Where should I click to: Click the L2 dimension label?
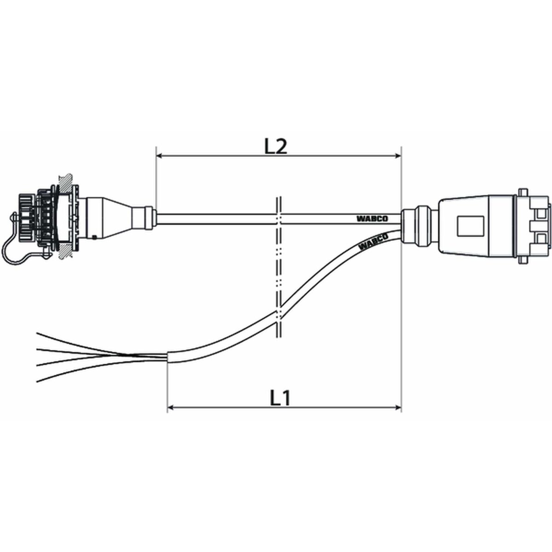point(275,147)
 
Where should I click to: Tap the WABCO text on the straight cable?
point(372,219)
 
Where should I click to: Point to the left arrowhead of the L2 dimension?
point(159,156)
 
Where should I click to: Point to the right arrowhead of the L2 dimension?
point(398,156)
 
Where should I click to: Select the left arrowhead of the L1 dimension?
point(171,408)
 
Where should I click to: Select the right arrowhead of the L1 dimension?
point(398,408)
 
